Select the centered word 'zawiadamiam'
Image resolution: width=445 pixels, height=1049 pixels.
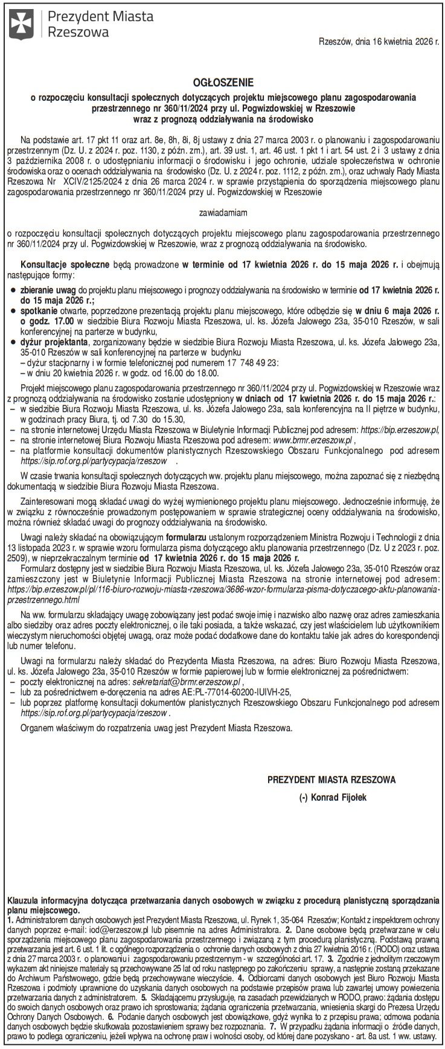[222, 213]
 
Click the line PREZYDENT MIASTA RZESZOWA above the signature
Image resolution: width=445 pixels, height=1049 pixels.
[331, 780]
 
